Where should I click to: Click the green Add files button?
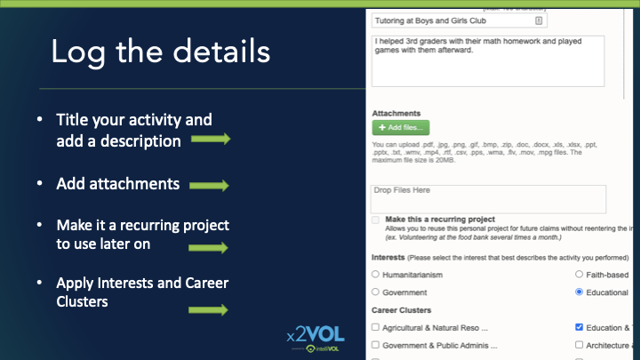click(400, 127)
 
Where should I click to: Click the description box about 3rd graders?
click(488, 60)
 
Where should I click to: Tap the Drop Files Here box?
click(488, 198)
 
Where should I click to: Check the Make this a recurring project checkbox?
click(376, 220)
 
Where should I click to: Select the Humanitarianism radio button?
click(375, 275)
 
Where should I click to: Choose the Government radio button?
click(375, 292)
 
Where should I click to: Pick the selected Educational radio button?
click(580, 292)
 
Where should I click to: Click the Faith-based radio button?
click(580, 275)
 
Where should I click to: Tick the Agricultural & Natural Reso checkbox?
click(375, 327)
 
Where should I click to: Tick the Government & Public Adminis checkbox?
click(375, 345)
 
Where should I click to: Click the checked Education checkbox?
click(580, 327)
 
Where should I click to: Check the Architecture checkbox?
click(580, 345)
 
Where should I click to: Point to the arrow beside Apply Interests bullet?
click(208, 309)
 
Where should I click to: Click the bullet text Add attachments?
click(118, 184)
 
